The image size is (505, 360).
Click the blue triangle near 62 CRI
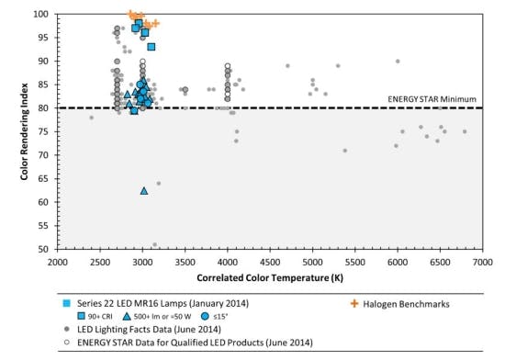point(144,191)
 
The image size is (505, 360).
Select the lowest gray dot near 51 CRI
point(154,244)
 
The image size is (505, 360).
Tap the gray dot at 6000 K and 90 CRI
point(398,62)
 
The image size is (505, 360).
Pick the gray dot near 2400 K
point(91,118)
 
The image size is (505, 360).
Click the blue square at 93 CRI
point(151,47)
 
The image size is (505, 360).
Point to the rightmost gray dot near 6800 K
point(465,131)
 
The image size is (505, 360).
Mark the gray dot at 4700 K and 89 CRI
point(287,66)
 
